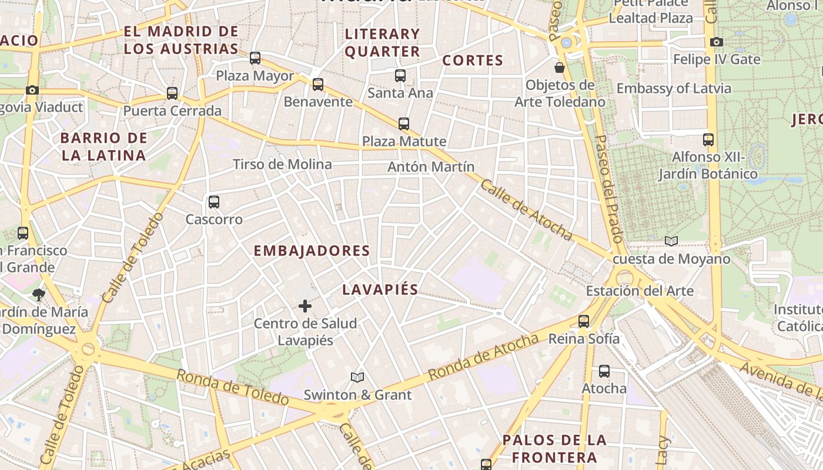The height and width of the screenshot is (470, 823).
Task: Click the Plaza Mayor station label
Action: [x=255, y=76]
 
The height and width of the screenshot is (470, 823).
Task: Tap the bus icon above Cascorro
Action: [x=214, y=202]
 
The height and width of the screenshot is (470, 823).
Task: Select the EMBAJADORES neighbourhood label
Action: [x=312, y=251]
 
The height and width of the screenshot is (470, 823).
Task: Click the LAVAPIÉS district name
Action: [x=380, y=290]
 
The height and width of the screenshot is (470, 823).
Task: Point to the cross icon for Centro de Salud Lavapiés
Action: [x=305, y=306]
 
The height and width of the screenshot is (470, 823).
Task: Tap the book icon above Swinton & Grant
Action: [x=357, y=377]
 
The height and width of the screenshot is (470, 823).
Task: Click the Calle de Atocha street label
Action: [x=526, y=210]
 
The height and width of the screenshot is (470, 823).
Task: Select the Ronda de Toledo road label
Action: [x=233, y=388]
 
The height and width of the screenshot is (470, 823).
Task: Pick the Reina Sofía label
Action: [x=584, y=339]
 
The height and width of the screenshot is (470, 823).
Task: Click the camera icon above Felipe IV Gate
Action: [x=716, y=42]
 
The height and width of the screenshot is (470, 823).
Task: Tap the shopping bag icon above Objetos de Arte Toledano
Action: [x=560, y=68]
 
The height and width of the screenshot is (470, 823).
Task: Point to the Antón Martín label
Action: [x=431, y=167]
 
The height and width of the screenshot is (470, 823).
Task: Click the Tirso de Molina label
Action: [x=282, y=164]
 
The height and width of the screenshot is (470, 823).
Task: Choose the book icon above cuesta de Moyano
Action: [x=671, y=241]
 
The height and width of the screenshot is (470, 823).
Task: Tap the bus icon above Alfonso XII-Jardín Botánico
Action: [x=708, y=140]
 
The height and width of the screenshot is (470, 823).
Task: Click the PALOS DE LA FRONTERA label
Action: [x=554, y=449]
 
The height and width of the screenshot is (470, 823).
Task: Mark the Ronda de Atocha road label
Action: [x=483, y=357]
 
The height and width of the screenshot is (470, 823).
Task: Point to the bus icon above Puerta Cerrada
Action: [x=172, y=93]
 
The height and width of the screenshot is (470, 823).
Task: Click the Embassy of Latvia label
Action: [x=674, y=89]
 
